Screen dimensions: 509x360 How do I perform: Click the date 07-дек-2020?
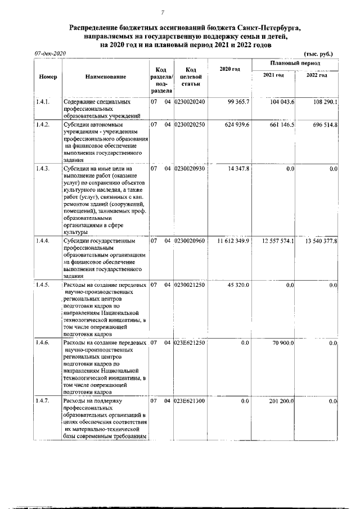(50, 53)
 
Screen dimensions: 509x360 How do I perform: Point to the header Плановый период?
(295, 64)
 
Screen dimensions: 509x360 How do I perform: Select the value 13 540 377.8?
(321, 241)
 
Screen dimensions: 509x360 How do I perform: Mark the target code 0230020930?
(190, 168)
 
